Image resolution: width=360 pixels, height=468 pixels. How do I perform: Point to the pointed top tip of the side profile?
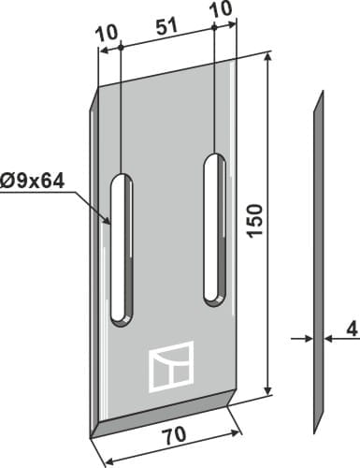pos(321,93)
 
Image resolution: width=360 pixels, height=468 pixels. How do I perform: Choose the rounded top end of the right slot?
pos(215,155)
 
